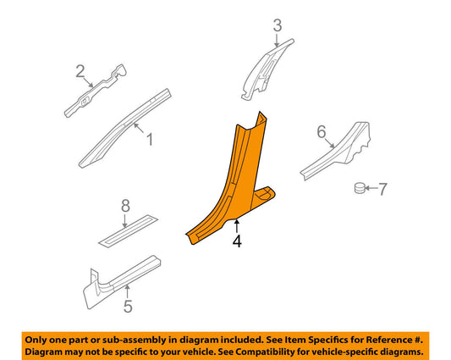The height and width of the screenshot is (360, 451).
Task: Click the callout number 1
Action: [150, 140]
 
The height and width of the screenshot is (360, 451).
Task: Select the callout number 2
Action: [80, 71]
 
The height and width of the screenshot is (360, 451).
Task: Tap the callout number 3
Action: [278, 25]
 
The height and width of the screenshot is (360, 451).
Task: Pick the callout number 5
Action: [128, 306]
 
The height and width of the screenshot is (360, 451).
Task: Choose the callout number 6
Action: [322, 131]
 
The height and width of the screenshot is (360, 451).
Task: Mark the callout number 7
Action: [382, 189]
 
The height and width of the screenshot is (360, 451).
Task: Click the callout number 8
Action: [125, 206]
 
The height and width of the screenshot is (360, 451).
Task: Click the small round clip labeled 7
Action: [360, 188]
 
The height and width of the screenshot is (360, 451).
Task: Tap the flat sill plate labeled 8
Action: [129, 231]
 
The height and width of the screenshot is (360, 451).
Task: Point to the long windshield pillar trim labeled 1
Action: [125, 128]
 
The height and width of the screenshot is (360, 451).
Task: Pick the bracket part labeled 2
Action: [95, 91]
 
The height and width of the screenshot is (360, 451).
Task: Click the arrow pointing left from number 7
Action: [371, 188]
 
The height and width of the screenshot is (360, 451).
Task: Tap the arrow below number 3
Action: [277, 41]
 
